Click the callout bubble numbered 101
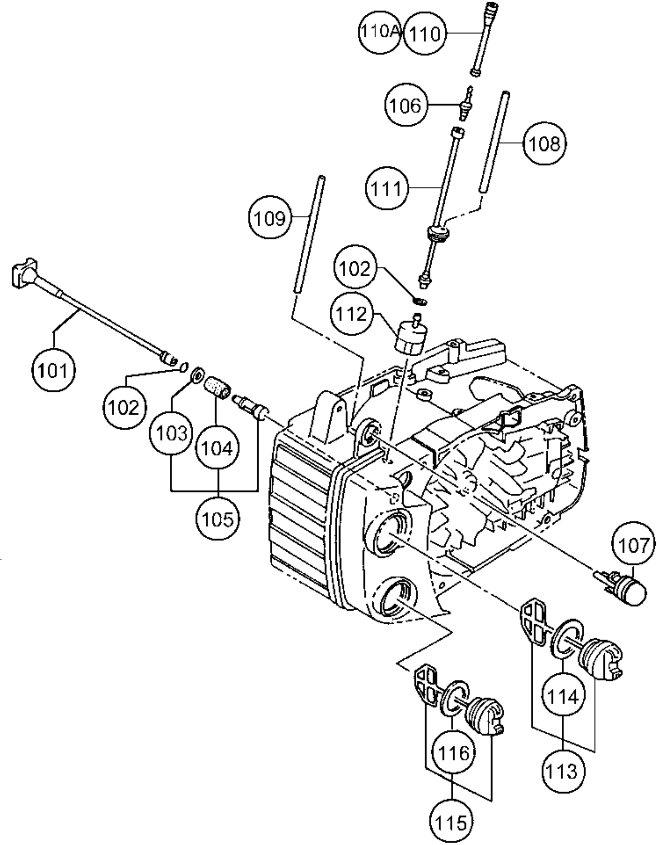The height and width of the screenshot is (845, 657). (53, 371)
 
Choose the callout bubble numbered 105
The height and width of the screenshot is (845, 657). (218, 519)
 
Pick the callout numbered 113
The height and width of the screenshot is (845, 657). (563, 771)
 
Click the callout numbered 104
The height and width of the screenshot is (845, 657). (218, 448)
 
